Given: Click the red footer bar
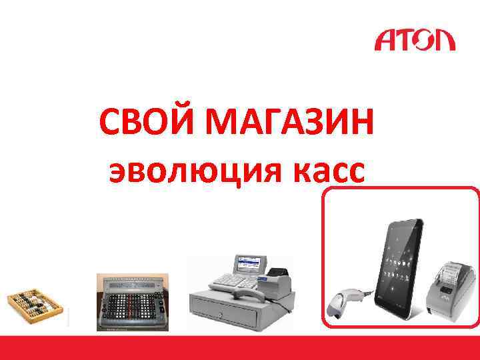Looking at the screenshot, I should coord(240,347).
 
